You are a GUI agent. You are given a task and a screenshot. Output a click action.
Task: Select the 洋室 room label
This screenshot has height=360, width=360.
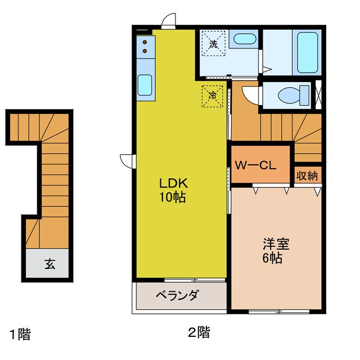tap(276, 245)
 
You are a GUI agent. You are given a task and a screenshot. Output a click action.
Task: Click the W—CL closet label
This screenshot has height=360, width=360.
tap(254, 165)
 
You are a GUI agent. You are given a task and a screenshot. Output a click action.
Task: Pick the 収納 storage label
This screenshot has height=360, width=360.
tap(307, 175)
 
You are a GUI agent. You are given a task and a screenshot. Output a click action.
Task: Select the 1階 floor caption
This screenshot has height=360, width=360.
tap(19, 334)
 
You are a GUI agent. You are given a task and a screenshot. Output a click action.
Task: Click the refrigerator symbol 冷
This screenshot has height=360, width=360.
tap(213, 96)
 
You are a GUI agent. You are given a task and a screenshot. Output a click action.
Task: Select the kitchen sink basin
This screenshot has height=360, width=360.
tap(145, 85)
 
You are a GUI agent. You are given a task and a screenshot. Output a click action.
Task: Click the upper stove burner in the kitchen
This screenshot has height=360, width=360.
tap(145, 43)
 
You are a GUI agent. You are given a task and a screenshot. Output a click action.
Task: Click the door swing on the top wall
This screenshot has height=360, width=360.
tap(168, 21)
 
